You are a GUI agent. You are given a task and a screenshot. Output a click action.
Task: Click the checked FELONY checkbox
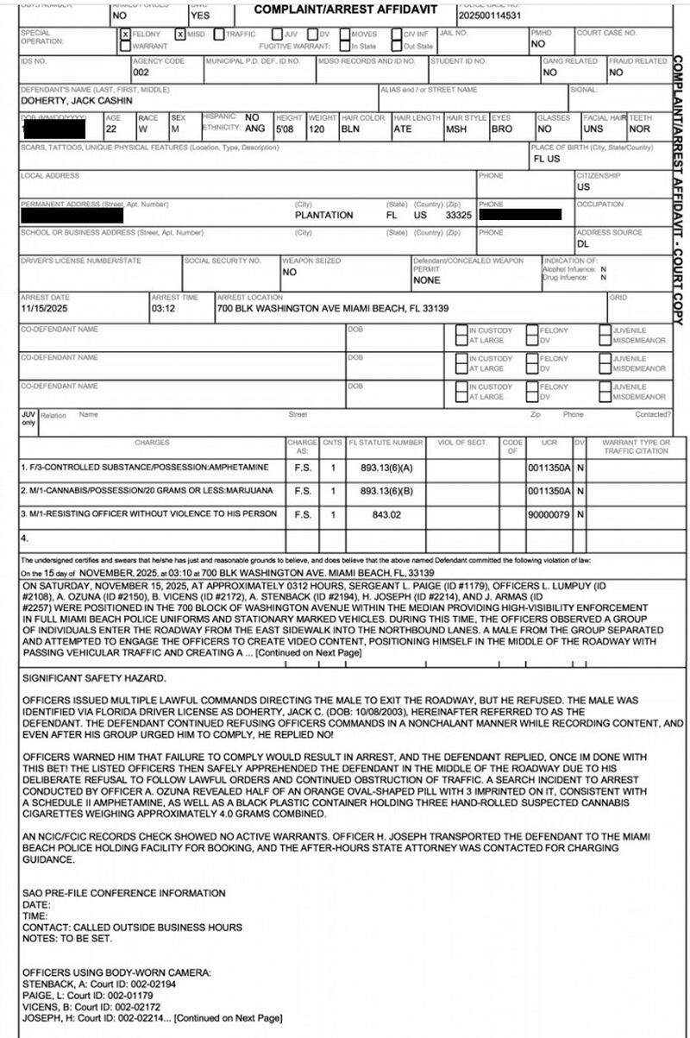(126, 35)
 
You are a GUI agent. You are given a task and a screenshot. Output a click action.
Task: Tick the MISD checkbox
(179, 35)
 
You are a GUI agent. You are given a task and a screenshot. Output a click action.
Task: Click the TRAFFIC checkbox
(219, 35)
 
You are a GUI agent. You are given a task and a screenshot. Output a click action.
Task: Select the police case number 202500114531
(490, 16)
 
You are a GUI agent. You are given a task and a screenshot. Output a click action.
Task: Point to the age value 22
(111, 129)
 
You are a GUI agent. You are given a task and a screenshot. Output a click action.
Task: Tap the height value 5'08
(261, 129)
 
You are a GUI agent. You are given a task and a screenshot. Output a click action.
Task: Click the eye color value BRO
(501, 129)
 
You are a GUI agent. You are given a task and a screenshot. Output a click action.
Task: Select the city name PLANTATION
(323, 215)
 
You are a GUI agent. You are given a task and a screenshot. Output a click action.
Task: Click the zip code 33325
(457, 215)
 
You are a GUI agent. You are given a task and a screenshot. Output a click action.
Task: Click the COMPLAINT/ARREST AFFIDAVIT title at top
(345, 10)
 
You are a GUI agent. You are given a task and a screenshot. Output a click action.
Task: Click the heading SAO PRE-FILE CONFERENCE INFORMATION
(123, 893)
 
